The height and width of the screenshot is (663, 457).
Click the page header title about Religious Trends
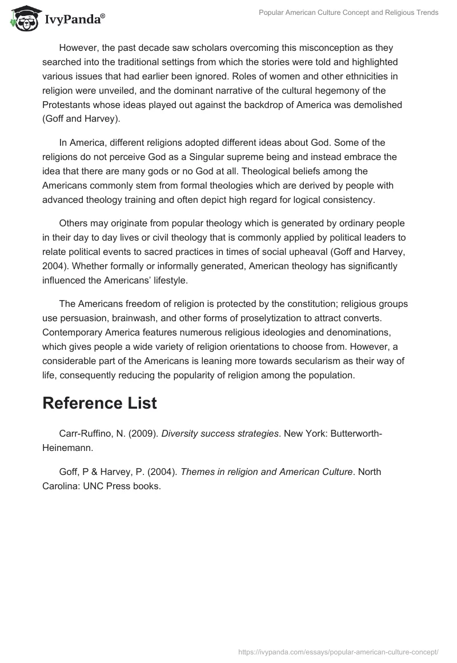349,13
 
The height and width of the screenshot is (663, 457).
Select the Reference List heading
99,402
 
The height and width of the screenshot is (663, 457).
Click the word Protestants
69,105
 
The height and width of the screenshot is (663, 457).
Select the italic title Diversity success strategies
220,434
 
